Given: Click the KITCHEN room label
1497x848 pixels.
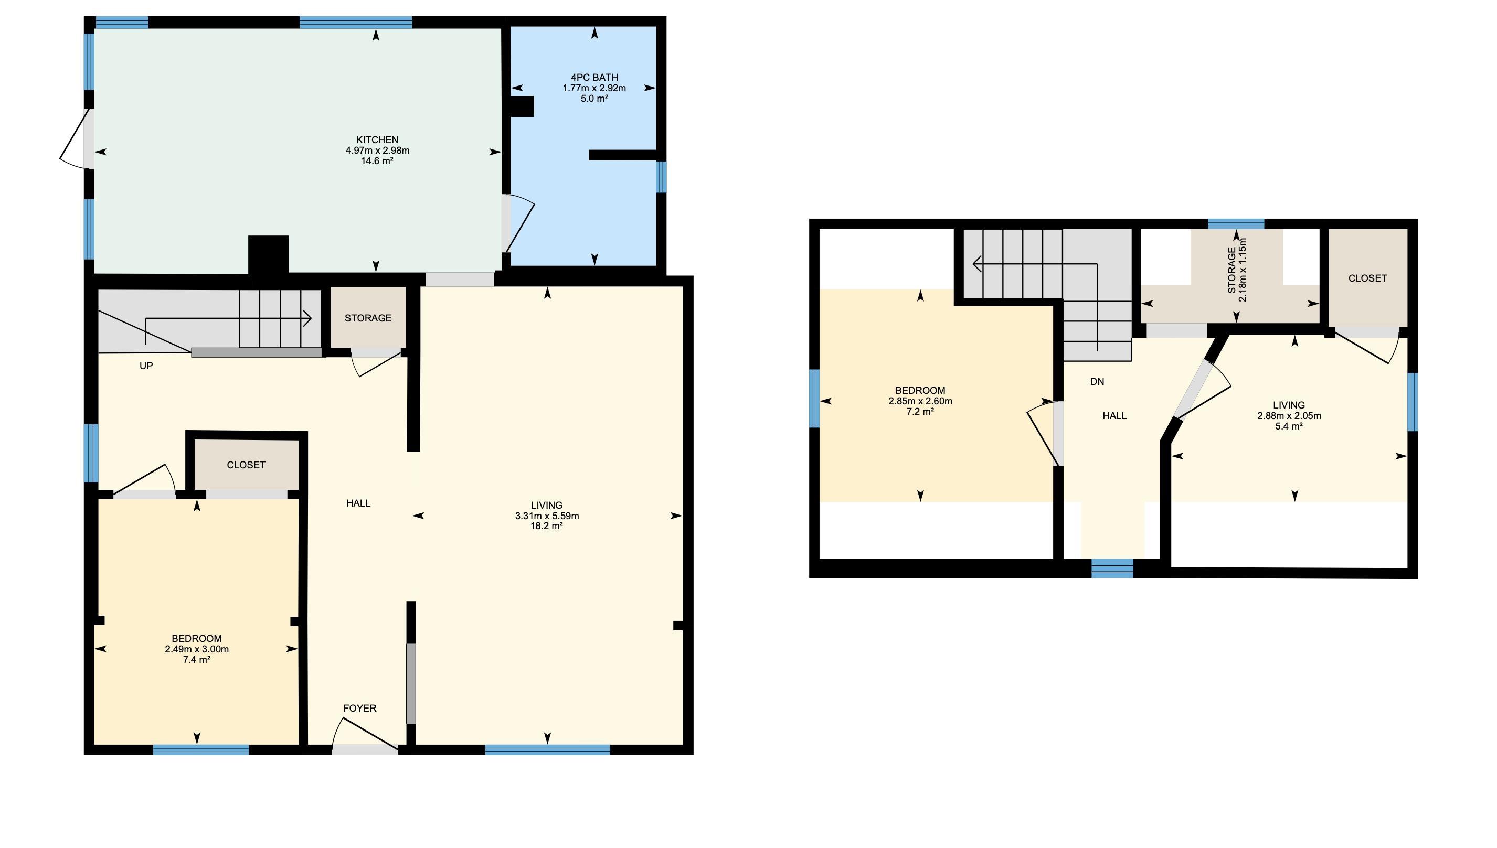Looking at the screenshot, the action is click(377, 140).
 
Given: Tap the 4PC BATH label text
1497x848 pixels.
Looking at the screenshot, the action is click(594, 78).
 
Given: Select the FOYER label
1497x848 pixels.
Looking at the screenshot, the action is click(359, 708).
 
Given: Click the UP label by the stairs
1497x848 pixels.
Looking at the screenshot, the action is click(146, 366).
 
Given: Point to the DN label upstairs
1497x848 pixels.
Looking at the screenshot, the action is click(1097, 381).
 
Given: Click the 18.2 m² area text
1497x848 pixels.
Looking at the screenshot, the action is click(546, 526).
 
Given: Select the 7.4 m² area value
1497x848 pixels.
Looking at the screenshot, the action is click(196, 659).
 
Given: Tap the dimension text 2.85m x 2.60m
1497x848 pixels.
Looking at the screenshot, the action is click(920, 401).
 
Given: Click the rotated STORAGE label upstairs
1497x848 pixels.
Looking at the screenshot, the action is click(1231, 270).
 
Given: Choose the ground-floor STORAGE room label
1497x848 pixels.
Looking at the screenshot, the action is click(368, 318).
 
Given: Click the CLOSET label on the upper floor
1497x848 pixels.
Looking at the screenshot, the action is click(1367, 278).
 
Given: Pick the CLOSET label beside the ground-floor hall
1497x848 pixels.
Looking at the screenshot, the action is click(246, 465).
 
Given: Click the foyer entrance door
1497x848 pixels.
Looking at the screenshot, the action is click(364, 736).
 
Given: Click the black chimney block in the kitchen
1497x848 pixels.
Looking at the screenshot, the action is click(268, 254).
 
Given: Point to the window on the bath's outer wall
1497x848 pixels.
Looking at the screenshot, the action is click(661, 177).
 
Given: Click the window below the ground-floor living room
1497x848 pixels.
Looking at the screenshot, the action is click(547, 749).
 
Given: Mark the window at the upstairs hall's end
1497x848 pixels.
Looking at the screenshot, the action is click(1112, 568).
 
